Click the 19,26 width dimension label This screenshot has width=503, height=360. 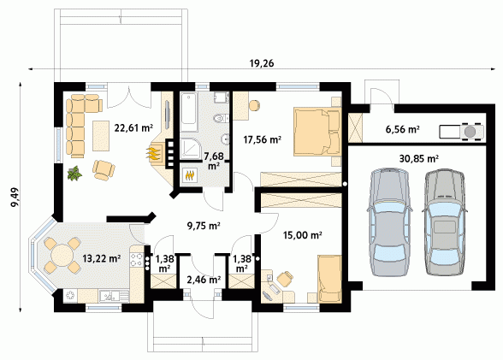coord(262,63)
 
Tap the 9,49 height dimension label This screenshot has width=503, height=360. coord(15,198)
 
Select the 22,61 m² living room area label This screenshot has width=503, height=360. coord(133,128)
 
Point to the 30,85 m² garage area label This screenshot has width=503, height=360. coord(419,158)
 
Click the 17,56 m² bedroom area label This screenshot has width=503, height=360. coord(263,139)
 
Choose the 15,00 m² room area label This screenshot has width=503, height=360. coord(303,235)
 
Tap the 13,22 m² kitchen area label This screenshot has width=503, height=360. coord(102,258)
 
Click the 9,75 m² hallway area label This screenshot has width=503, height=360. coord(204,226)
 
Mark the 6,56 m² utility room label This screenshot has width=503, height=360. coord(403,129)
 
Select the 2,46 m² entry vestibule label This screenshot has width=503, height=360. coord(204,280)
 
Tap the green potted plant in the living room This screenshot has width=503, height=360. coord(74,174)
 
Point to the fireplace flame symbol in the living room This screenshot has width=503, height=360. coord(154,153)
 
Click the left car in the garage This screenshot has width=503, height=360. coord(389,221)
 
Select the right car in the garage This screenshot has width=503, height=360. coord(445,221)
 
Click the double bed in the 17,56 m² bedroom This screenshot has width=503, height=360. coord(317,132)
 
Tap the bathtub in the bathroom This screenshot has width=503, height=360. coord(188,112)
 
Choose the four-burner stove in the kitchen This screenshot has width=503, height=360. coord(136,260)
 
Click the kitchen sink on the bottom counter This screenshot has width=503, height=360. coord(109,296)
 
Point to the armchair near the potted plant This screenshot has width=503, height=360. coord(104,169)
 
